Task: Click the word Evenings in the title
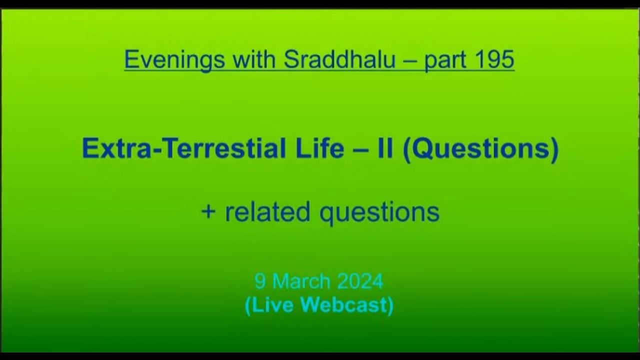tap(174, 60)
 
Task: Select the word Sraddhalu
tap(340, 59)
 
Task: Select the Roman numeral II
tap(385, 148)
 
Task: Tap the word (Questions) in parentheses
tap(480, 150)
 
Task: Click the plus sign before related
tap(208, 212)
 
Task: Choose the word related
tap(267, 211)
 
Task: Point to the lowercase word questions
tap(379, 213)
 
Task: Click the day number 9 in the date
tap(259, 281)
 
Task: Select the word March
tap(301, 281)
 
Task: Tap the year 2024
tap(360, 281)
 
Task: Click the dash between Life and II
tap(361, 150)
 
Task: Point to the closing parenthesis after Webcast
tap(390, 306)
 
